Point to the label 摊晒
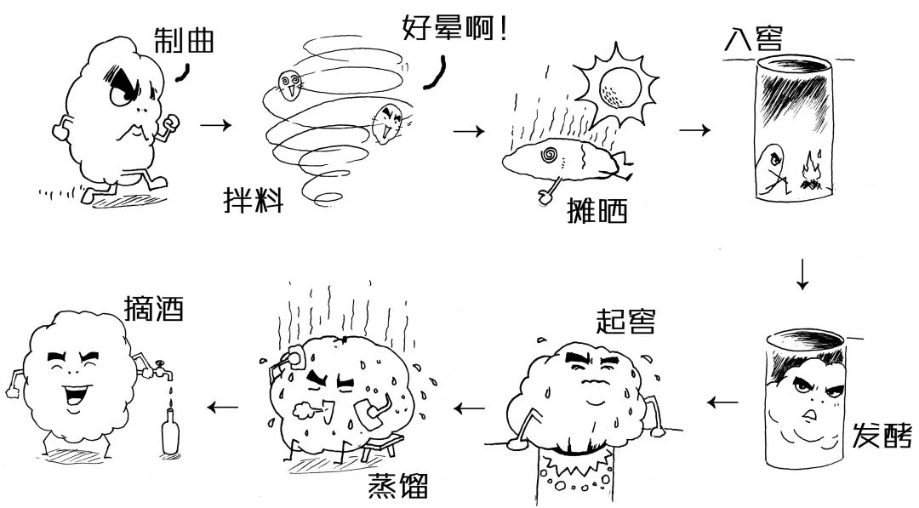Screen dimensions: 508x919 596,208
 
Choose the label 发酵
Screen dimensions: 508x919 882,435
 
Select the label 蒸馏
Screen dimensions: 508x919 397,487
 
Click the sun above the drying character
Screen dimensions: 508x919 616,83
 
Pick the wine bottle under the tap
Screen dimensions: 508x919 171,434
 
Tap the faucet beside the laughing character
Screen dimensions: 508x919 157,374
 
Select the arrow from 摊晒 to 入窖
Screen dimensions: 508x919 694,130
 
